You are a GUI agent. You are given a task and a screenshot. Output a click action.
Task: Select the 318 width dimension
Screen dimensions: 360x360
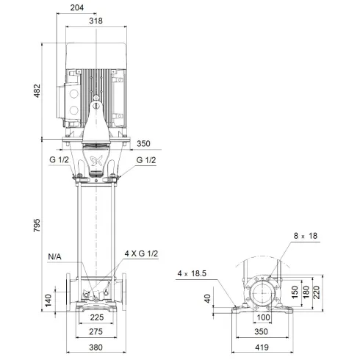point(96,21)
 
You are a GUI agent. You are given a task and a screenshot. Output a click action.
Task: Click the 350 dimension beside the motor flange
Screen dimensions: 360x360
point(143,145)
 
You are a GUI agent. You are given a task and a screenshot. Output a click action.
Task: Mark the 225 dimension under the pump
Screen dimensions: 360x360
point(96,320)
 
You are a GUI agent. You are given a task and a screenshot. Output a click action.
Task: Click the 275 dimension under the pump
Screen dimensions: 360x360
point(96,333)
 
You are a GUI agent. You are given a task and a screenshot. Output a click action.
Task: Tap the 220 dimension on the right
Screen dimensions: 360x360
point(317,292)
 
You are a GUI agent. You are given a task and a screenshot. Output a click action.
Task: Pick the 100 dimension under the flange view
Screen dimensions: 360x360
point(264,317)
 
